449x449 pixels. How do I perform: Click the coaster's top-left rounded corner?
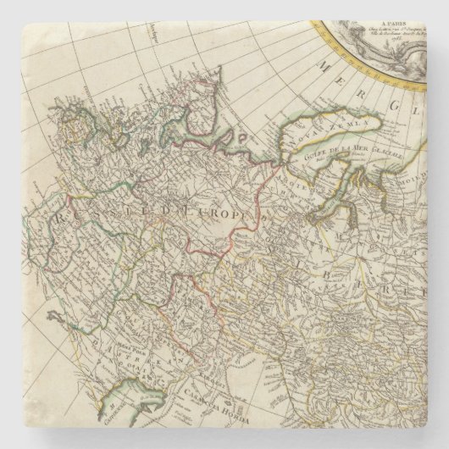[10, 10]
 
